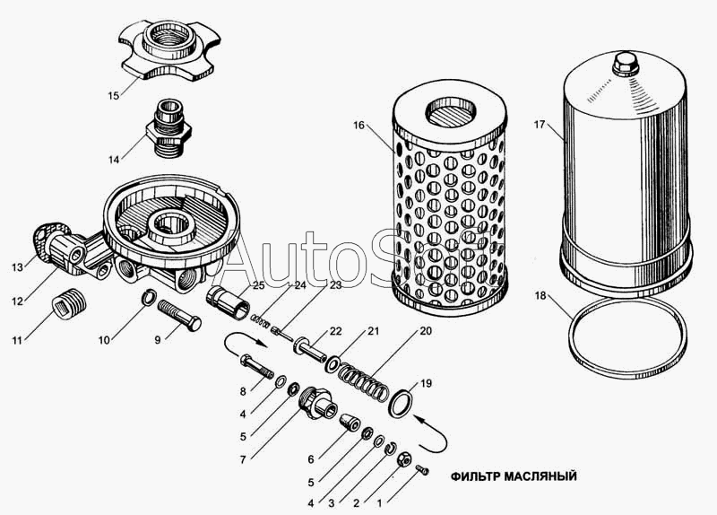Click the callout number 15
click(114, 96)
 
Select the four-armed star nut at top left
click(167, 52)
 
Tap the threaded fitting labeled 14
click(168, 128)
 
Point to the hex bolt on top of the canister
click(625, 65)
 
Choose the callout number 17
click(540, 124)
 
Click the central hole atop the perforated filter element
click(451, 112)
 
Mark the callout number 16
click(359, 125)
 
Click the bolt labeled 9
click(180, 316)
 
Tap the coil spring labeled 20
click(364, 380)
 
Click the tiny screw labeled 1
click(423, 469)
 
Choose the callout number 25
click(258, 285)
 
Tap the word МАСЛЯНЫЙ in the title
click(540, 476)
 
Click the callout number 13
click(17, 267)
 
